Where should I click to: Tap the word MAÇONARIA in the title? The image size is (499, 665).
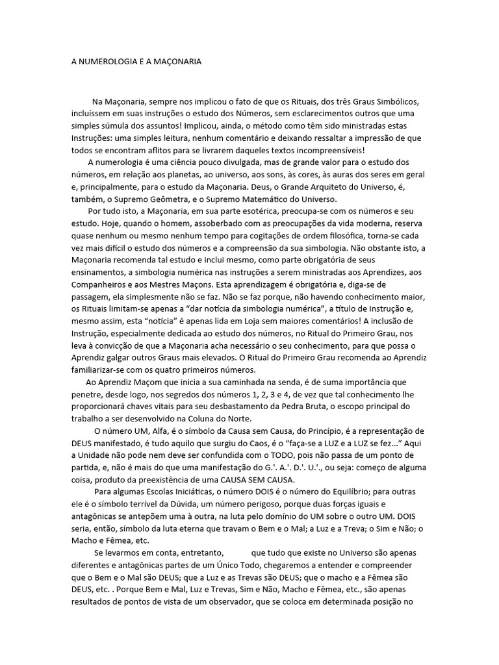[x=176, y=62]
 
